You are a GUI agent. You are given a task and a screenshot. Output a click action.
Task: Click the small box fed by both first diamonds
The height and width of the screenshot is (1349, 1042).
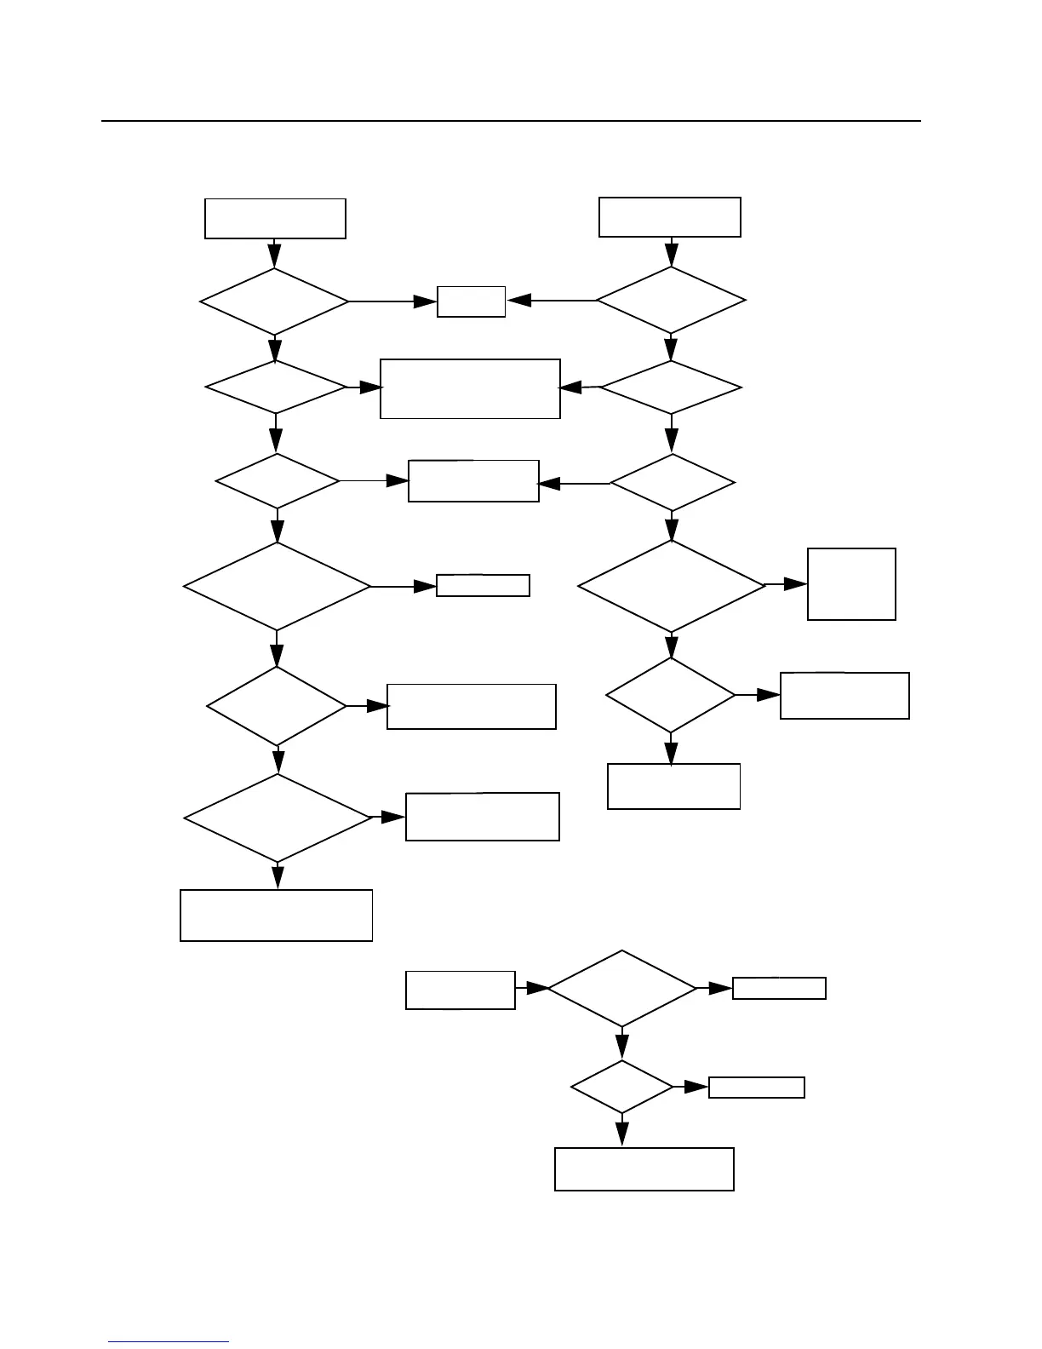pyautogui.click(x=471, y=301)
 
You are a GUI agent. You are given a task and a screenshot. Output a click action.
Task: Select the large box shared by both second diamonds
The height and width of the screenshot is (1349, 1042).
pyautogui.click(x=470, y=388)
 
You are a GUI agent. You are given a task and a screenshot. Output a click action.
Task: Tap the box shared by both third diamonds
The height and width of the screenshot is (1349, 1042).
pyautogui.click(x=473, y=481)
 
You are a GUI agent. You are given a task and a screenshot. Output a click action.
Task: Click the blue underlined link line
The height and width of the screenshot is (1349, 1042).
pyautogui.click(x=169, y=1341)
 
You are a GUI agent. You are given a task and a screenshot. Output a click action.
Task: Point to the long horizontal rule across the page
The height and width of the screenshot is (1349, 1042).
pyautogui.click(x=511, y=121)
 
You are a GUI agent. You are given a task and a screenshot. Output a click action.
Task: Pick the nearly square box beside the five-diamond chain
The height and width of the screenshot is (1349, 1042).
pyautogui.click(x=851, y=584)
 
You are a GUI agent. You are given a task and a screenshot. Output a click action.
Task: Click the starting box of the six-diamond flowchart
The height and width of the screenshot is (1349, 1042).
pyautogui.click(x=275, y=219)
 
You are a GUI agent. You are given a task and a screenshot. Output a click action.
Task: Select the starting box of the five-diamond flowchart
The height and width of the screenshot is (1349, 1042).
pyautogui.click(x=670, y=217)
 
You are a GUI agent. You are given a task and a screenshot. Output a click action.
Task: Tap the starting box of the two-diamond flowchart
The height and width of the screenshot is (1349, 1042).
pyautogui.click(x=461, y=990)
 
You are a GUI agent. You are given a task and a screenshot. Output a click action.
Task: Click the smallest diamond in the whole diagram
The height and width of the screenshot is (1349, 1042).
pyautogui.click(x=622, y=1087)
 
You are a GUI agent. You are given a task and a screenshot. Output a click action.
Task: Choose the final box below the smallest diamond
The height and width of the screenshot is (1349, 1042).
pyautogui.click(x=644, y=1168)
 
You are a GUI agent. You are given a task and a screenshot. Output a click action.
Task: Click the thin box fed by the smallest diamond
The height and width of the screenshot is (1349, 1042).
pyautogui.click(x=757, y=1088)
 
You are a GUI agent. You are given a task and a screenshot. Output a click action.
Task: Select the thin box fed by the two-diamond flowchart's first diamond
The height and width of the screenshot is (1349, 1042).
pyautogui.click(x=779, y=988)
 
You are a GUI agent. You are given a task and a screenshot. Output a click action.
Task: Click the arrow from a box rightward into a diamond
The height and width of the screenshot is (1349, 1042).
pyautogui.click(x=532, y=988)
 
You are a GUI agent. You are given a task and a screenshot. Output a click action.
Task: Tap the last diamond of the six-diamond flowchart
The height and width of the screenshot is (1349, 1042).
pyautogui.click(x=278, y=818)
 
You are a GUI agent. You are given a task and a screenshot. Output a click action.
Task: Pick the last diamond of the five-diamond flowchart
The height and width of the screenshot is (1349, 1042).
pyautogui.click(x=671, y=695)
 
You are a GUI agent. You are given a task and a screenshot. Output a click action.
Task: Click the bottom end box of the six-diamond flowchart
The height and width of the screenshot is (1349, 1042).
pyautogui.click(x=277, y=916)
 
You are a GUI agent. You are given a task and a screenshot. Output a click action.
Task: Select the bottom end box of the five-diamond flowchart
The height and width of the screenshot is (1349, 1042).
pyautogui.click(x=673, y=786)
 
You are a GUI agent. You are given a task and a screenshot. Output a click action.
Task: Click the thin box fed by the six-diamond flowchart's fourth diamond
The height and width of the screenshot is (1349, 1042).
pyautogui.click(x=483, y=585)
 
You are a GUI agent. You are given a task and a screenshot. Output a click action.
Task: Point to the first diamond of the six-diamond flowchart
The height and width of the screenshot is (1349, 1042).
pyautogui.click(x=274, y=301)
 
